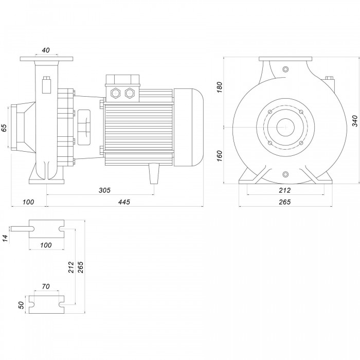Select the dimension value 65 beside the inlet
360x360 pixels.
(5, 128)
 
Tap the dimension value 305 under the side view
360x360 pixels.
(104, 190)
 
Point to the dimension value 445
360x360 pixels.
(123, 202)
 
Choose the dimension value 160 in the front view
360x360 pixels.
(219, 155)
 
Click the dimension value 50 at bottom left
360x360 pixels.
(22, 304)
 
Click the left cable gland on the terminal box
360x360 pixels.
(115, 94)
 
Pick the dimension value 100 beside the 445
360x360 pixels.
(28, 202)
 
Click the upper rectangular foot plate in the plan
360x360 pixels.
(46, 229)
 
